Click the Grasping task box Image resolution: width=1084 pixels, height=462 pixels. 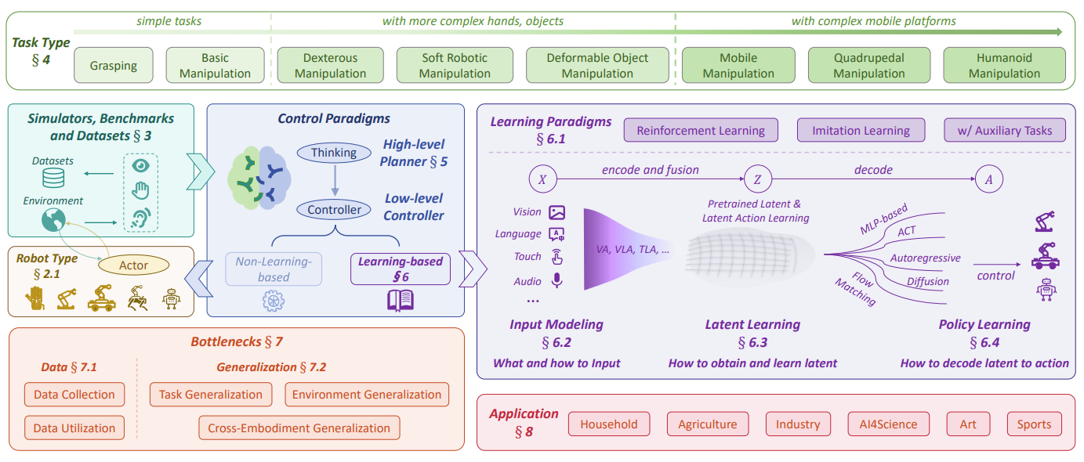(113, 66)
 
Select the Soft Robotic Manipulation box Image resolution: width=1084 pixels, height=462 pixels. (455, 66)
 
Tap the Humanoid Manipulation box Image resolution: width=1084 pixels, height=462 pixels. (1004, 66)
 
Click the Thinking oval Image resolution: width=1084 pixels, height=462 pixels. (334, 153)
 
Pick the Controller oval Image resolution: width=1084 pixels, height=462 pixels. (334, 209)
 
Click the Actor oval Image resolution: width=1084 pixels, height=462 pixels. (133, 265)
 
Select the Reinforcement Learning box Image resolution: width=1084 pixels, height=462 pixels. (701, 131)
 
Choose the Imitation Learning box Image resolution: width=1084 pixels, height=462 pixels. (861, 131)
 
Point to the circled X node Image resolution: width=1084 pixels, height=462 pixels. (542, 179)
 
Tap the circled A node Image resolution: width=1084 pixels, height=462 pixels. (988, 179)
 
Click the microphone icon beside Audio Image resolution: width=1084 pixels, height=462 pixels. (557, 280)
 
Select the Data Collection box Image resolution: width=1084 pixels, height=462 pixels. (74, 395)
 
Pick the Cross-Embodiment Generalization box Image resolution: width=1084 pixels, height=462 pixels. (299, 428)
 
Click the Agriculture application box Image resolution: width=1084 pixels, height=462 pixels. (708, 424)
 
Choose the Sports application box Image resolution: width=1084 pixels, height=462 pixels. (1034, 424)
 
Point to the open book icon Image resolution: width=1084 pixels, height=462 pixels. (400, 300)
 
